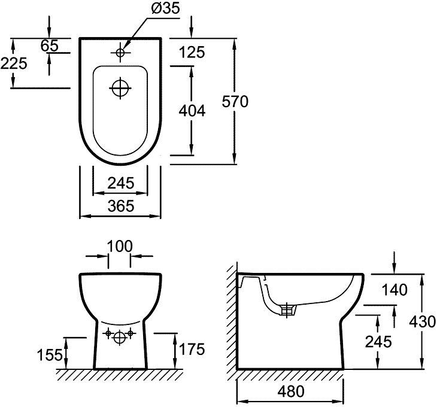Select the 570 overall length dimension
coord(234,102)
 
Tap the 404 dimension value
coord(192,111)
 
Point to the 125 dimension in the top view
coord(192,53)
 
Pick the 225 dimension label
coord(14,63)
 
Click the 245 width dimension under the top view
coord(120,183)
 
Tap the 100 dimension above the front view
coord(120,246)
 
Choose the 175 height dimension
coord(192,348)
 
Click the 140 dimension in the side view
coord(394,291)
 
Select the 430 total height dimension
coord(423,321)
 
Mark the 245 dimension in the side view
coord(380,341)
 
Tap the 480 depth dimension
coord(291,392)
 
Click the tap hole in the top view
coord(120,53)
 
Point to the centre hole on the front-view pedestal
coord(120,338)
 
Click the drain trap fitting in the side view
coord(288,309)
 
